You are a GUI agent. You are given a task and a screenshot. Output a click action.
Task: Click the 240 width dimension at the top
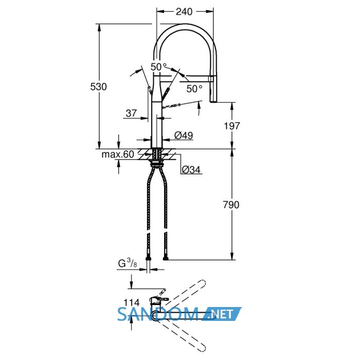click(x=184, y=11)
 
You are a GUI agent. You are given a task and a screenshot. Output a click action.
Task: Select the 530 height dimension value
click(x=99, y=87)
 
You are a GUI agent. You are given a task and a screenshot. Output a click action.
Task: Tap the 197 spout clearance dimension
click(x=231, y=126)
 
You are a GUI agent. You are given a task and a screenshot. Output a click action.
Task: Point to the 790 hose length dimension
click(x=231, y=205)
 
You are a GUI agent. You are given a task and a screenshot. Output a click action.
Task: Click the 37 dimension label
click(x=131, y=113)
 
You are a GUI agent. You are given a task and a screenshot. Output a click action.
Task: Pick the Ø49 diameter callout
click(x=184, y=135)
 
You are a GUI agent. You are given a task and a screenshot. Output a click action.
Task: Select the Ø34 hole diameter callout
click(x=191, y=170)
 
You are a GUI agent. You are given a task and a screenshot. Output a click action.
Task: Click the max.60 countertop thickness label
click(x=118, y=154)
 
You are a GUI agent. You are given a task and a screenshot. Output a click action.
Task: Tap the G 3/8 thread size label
click(x=128, y=263)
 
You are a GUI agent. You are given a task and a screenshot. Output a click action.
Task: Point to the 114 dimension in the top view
click(x=132, y=302)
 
